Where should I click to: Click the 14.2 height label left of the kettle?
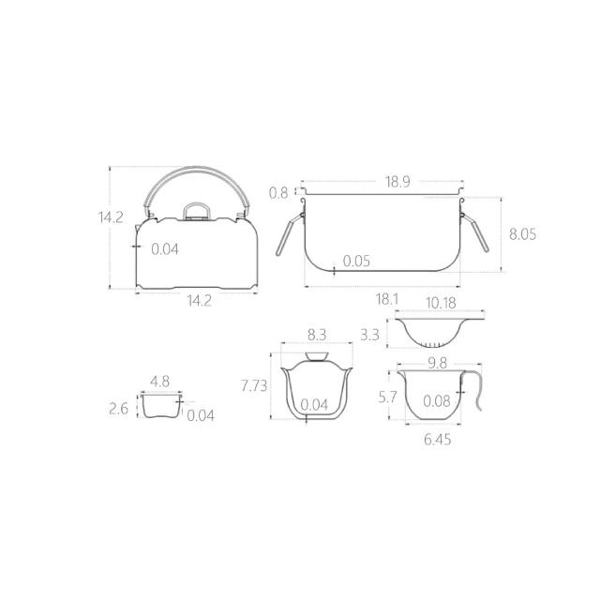coord(111,217)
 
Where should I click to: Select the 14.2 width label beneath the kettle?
coord(199,301)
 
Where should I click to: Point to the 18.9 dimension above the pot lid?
coord(397,182)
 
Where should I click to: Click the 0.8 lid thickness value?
coord(278,193)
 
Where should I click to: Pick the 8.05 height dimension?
coord(522,233)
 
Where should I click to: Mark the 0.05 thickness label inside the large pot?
coord(356,261)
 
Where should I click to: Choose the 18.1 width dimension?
coord(387,299)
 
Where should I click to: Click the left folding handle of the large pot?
coord(290,234)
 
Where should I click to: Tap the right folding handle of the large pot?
coord(475,232)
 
